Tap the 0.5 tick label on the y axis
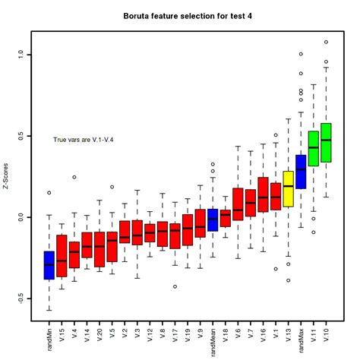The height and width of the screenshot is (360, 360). tap(21, 136)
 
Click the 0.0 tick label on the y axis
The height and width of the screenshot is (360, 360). tap(21, 217)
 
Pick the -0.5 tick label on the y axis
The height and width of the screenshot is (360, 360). tap(21, 298)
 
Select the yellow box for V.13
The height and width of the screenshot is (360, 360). tap(288, 188)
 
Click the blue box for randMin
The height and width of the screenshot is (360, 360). tap(49, 265)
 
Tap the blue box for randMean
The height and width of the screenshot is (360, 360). tap(213, 219)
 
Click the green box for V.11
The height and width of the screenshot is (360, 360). tap(313, 147)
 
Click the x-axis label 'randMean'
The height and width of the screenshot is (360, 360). tap(213, 335)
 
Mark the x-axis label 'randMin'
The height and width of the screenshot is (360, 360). tap(49, 333)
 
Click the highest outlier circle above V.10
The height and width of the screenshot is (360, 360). tap(326, 42)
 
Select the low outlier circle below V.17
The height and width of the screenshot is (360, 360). tap(175, 286)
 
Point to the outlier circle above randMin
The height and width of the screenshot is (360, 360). tap(49, 193)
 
